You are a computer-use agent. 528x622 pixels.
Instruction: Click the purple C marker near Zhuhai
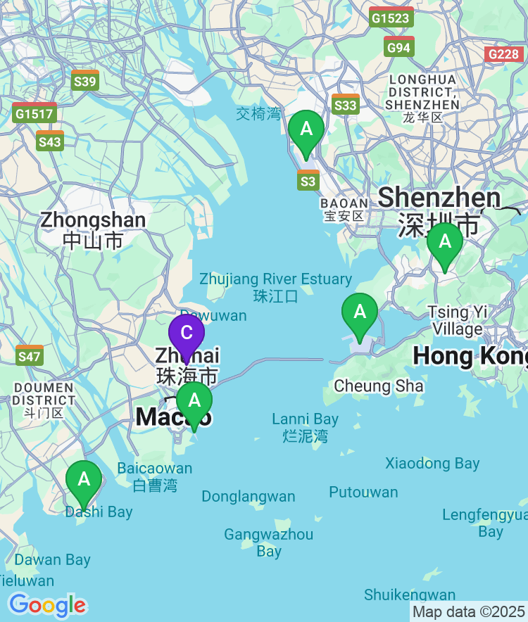click(x=187, y=333)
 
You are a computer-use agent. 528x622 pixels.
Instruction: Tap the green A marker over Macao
click(x=194, y=400)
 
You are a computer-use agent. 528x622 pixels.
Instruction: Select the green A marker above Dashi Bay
click(x=84, y=479)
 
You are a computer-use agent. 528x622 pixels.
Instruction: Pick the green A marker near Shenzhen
click(x=445, y=241)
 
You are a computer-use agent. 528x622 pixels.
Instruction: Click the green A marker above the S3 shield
click(x=306, y=129)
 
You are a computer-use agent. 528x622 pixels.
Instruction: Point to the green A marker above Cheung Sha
click(x=360, y=312)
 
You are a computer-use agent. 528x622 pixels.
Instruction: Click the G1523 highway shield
click(x=391, y=17)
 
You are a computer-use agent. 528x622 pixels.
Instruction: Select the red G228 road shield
click(x=504, y=54)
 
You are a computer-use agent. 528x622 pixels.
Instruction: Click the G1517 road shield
click(x=34, y=113)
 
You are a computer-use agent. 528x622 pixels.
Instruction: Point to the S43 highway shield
click(x=50, y=141)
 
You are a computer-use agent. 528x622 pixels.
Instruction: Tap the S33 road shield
click(x=346, y=104)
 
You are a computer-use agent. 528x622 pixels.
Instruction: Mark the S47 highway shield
click(x=30, y=355)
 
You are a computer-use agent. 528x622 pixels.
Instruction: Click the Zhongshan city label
click(x=93, y=229)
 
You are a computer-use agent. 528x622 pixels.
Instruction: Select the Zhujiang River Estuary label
click(x=276, y=287)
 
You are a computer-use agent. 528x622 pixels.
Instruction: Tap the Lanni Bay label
click(x=306, y=427)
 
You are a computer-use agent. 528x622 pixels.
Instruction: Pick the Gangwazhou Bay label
click(x=269, y=542)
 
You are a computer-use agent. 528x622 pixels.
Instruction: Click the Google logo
click(x=47, y=604)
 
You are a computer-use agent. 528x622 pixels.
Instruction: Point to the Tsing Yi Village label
click(x=458, y=320)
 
